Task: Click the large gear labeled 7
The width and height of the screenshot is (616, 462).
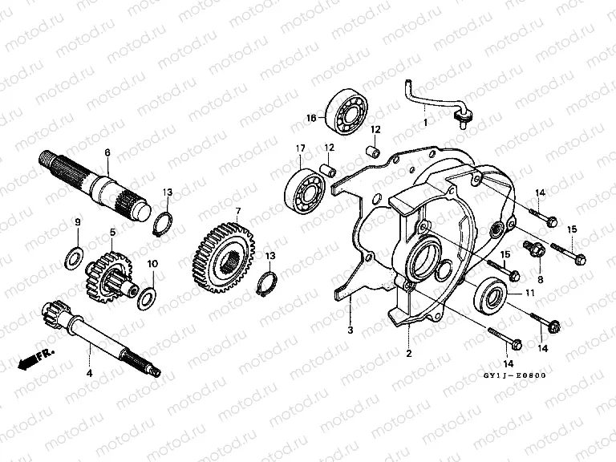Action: [224, 253]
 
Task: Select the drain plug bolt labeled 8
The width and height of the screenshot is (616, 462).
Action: [534, 249]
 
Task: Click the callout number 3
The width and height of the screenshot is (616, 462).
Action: [350, 330]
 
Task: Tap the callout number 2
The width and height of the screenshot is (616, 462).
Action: [408, 352]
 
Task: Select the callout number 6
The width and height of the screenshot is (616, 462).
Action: [107, 152]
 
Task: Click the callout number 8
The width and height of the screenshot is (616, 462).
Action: [541, 279]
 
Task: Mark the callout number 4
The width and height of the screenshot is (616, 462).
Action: [90, 372]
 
